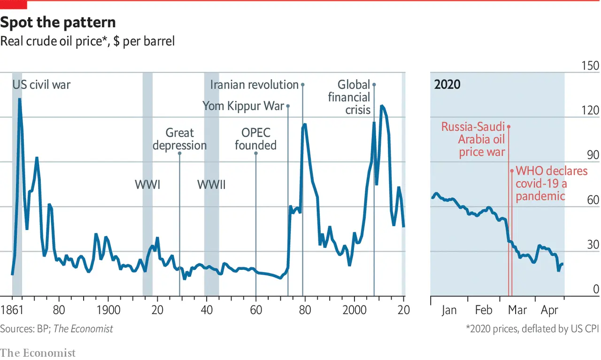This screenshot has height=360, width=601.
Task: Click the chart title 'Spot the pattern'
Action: (x=58, y=23)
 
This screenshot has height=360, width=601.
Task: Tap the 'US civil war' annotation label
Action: (x=41, y=85)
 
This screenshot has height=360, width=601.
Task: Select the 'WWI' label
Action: (x=147, y=184)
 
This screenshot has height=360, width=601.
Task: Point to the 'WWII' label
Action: (x=211, y=184)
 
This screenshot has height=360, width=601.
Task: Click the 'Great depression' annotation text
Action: (x=179, y=139)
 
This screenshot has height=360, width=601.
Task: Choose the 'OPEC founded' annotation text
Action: (x=255, y=139)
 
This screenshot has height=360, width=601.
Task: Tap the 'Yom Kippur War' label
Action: (x=243, y=106)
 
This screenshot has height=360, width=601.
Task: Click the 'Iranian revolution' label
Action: (x=254, y=85)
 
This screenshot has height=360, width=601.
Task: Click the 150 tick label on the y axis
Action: (x=590, y=66)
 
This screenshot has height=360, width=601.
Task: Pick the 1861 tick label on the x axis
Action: (x=12, y=310)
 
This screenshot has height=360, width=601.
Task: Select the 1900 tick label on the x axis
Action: (x=108, y=310)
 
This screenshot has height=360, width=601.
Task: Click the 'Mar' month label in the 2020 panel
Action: (x=518, y=310)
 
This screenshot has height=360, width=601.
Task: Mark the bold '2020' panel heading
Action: (x=447, y=85)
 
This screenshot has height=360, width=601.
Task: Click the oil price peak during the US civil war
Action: (x=20, y=99)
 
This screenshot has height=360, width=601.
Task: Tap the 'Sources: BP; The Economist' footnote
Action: (x=56, y=329)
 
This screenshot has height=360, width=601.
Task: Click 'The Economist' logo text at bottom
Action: (x=38, y=352)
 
